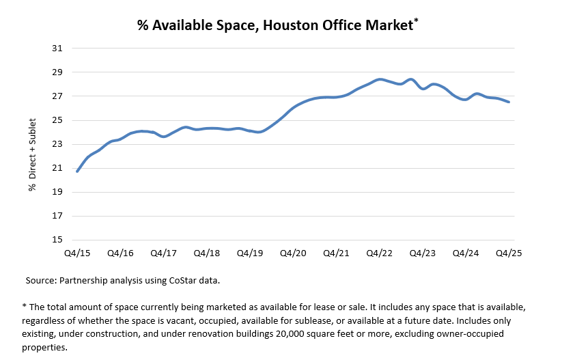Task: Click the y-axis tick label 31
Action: [x=57, y=49]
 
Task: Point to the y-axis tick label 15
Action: [x=57, y=240]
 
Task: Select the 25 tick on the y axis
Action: [x=57, y=120]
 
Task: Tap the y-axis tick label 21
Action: [x=57, y=168]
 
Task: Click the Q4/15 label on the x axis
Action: [x=77, y=253]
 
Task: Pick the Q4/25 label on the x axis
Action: [x=509, y=253]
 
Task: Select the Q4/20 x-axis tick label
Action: [x=293, y=253]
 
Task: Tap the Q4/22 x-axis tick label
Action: [x=380, y=253]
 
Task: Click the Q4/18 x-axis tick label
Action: [x=207, y=253]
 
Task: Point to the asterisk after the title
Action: [x=416, y=21]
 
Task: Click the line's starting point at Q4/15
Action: [x=77, y=171]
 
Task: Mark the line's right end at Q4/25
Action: [x=509, y=102]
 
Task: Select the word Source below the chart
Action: [x=40, y=280]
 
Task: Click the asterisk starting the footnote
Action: [x=24, y=307]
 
